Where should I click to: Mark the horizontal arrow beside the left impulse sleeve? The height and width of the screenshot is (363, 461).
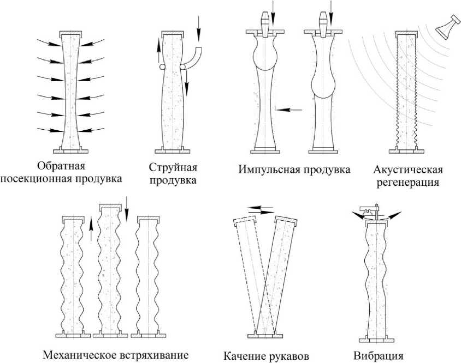pos(289,110)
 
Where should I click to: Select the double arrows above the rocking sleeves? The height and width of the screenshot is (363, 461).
pos(259,210)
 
